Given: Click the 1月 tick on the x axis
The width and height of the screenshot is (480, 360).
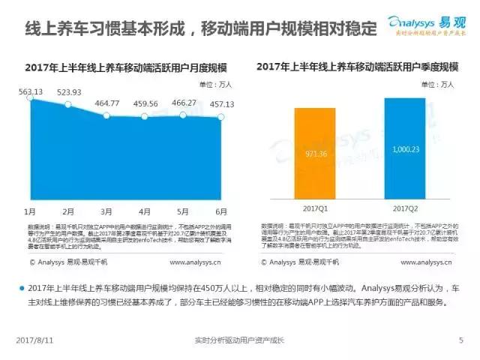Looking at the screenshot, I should pyautogui.click(x=31, y=212).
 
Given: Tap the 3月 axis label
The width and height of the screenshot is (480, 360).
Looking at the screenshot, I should pyautogui.click(x=107, y=212).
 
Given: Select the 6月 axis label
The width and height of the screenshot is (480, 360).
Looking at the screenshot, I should pyautogui.click(x=222, y=212).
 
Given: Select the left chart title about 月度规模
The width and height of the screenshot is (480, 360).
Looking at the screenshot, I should pyautogui.click(x=126, y=67).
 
